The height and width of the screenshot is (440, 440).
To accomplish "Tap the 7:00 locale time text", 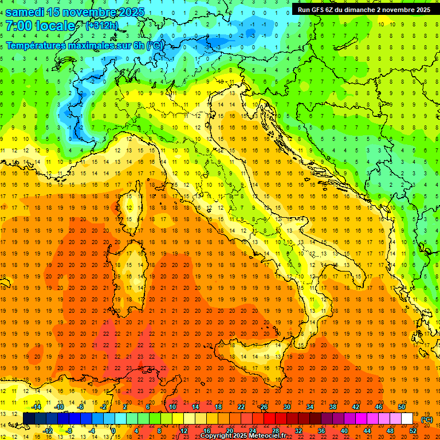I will click(x=40, y=26).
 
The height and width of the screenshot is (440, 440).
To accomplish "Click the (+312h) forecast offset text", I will click(x=103, y=26).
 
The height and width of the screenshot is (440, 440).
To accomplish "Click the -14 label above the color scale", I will click(x=36, y=407).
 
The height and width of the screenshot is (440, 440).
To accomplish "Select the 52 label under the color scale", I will click(x=413, y=430).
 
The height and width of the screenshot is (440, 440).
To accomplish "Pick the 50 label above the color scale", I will click(x=401, y=407).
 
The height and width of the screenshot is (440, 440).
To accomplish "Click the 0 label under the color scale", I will click(x=113, y=430).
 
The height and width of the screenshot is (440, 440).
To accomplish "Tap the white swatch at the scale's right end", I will click(x=407, y=418).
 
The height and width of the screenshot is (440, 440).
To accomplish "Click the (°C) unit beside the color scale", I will click(x=427, y=419).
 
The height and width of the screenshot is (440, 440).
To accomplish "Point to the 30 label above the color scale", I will click(x=286, y=407).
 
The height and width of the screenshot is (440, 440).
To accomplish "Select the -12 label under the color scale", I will click(x=48, y=430).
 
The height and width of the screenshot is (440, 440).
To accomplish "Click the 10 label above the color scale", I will click(x=172, y=407).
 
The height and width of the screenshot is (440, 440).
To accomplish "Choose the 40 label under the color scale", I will click(x=344, y=430).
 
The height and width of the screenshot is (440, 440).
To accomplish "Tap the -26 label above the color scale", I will click(x=263, y=407).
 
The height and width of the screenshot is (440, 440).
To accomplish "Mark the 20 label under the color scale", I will click(x=229, y=430).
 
